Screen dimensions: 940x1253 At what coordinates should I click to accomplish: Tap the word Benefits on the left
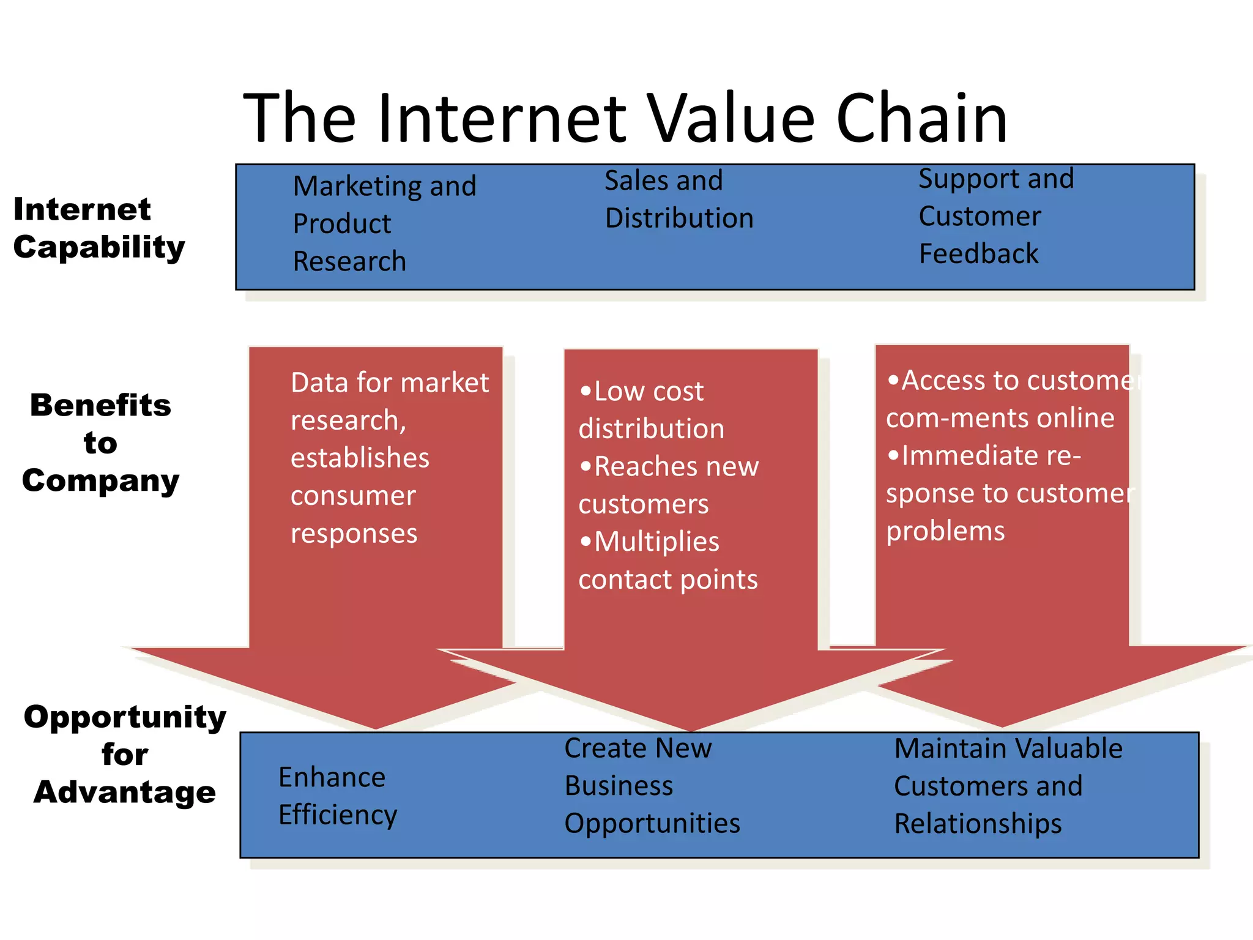(x=100, y=406)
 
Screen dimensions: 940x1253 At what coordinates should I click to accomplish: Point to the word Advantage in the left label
(x=125, y=793)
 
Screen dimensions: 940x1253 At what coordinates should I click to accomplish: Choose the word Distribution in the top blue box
(x=679, y=218)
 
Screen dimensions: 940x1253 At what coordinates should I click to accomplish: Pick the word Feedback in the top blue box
(x=978, y=254)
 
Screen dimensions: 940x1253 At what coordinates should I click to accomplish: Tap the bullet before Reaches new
(x=586, y=467)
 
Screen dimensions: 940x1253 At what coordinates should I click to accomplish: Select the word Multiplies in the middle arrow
(x=656, y=542)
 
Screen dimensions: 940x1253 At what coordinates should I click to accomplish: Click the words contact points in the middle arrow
(x=668, y=580)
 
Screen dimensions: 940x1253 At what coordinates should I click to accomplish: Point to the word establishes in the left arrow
(x=360, y=458)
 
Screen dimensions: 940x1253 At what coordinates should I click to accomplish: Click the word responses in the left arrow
(x=354, y=534)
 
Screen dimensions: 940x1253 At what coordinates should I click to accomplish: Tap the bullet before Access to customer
(x=893, y=381)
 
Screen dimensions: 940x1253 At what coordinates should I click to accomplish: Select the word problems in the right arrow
(x=945, y=531)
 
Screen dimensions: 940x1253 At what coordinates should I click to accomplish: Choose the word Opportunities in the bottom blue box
(x=652, y=824)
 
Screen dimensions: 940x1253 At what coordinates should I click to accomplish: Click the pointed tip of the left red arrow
(x=376, y=727)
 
